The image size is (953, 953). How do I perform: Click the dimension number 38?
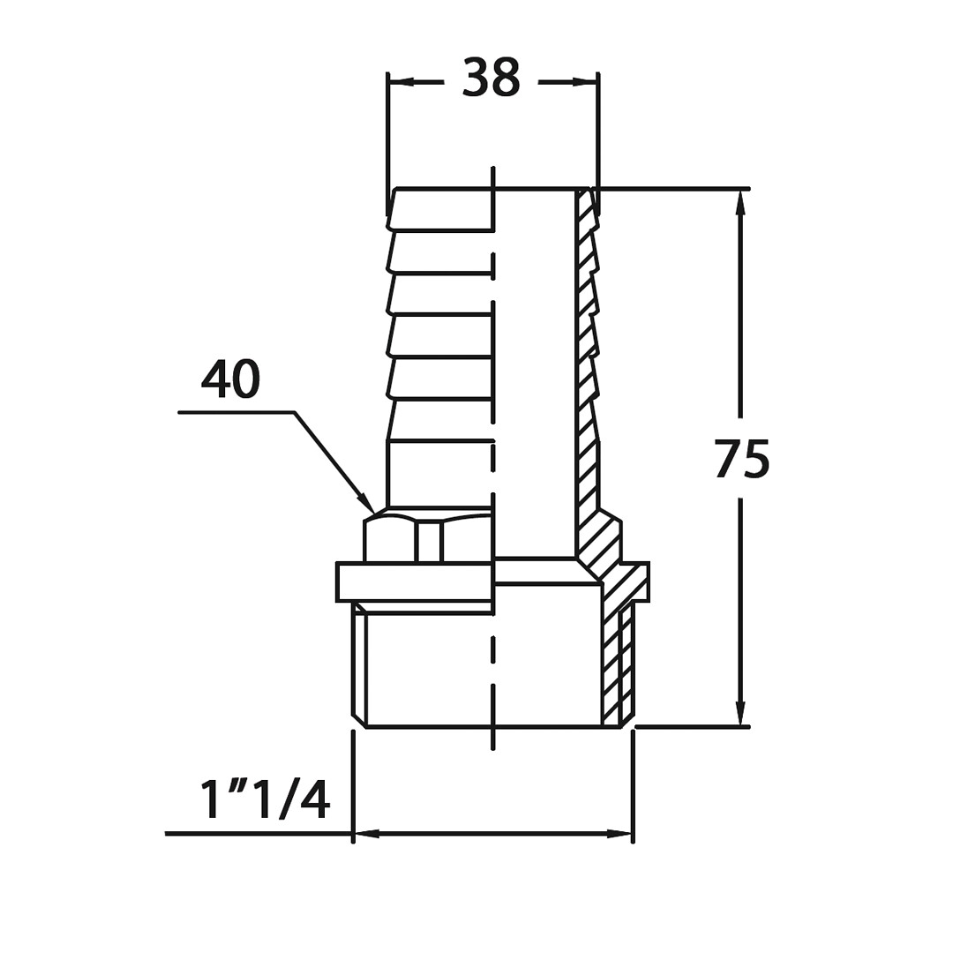[492, 77]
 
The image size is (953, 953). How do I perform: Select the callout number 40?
[230, 379]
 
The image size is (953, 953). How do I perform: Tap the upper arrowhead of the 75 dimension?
[740, 200]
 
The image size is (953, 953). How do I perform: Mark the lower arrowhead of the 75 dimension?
[740, 714]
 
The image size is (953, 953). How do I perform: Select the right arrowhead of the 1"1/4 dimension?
[620, 833]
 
